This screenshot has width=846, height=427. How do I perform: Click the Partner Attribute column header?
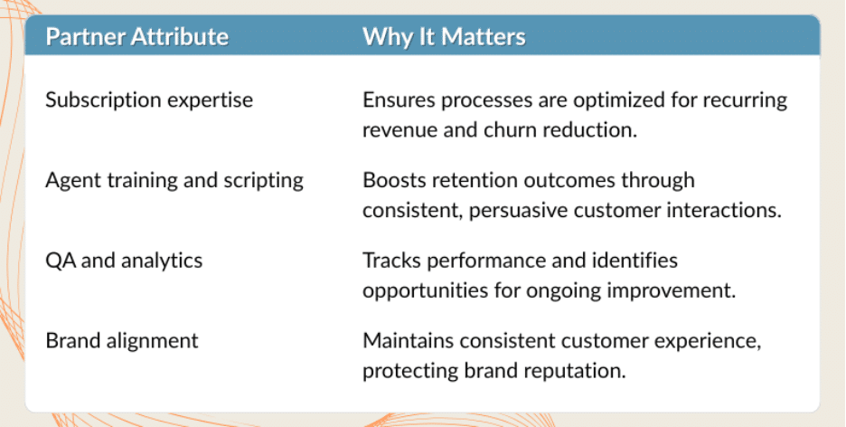point(136,37)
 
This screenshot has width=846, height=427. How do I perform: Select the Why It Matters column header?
point(444,37)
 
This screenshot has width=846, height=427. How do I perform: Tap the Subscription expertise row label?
point(149,100)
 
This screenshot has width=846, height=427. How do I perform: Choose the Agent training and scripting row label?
point(174,180)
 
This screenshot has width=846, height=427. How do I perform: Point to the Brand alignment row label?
point(122,341)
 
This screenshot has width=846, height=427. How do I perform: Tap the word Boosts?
point(391,180)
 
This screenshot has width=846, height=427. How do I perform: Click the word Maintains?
point(406,341)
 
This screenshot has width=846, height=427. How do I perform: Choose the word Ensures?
point(396,100)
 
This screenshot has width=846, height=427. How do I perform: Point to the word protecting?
point(406,371)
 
